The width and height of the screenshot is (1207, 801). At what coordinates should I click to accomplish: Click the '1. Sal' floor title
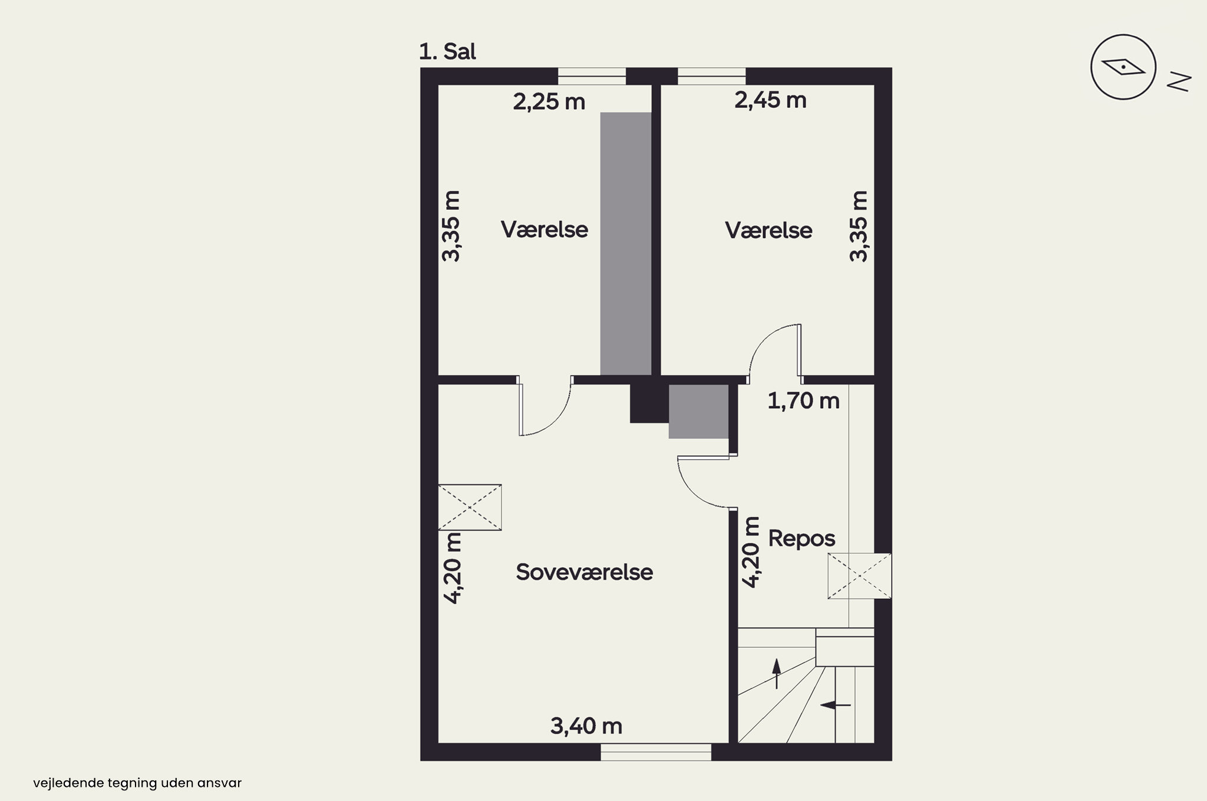pyautogui.click(x=447, y=52)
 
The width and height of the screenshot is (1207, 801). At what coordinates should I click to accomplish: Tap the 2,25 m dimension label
pyautogui.click(x=549, y=102)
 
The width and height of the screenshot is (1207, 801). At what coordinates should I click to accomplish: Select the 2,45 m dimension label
pyautogui.click(x=770, y=100)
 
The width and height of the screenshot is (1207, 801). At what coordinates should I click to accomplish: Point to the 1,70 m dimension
pyautogui.click(x=803, y=400)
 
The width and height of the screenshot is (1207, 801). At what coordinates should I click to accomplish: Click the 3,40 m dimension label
pyautogui.click(x=586, y=726)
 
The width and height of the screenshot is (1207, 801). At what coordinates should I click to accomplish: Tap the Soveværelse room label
pyautogui.click(x=584, y=572)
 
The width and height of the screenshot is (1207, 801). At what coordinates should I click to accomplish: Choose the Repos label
pyautogui.click(x=802, y=538)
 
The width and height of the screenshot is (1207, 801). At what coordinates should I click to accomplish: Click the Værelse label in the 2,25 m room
pyautogui.click(x=544, y=229)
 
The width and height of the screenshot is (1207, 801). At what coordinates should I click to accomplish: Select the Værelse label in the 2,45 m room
pyautogui.click(x=769, y=230)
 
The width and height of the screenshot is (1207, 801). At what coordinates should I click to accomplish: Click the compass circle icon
pyautogui.click(x=1123, y=67)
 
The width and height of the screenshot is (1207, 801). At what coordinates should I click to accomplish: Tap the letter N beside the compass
pyautogui.click(x=1179, y=82)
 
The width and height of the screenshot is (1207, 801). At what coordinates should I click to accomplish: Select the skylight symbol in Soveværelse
pyautogui.click(x=470, y=507)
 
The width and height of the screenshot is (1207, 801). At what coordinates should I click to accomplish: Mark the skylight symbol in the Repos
pyautogui.click(x=859, y=576)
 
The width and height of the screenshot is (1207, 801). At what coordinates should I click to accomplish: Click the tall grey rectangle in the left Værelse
pyautogui.click(x=626, y=244)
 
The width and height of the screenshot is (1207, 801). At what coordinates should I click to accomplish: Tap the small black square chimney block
pyautogui.click(x=649, y=403)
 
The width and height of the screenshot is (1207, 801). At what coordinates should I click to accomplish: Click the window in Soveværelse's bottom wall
pyautogui.click(x=656, y=752)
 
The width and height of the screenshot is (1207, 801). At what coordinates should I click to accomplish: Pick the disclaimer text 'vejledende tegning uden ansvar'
pyautogui.click(x=137, y=783)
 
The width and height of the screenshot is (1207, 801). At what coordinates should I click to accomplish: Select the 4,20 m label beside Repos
pyautogui.click(x=750, y=552)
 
